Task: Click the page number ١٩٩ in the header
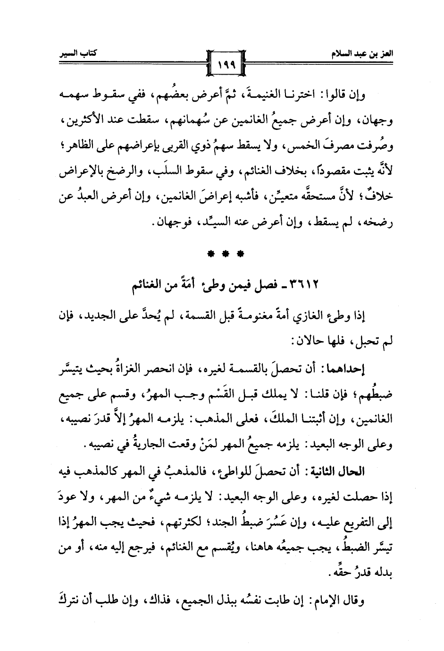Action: pos(222,61)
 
